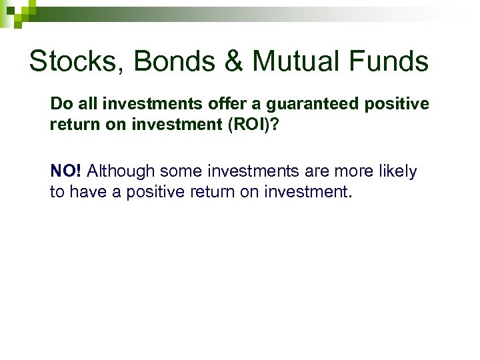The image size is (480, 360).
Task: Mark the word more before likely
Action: click(x=351, y=171)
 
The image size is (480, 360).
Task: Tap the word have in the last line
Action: click(x=82, y=192)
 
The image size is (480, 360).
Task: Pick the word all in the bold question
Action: click(x=85, y=105)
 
